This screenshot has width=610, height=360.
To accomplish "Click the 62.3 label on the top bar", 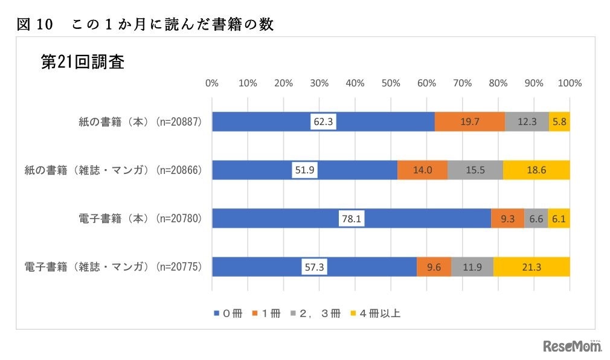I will click(x=323, y=121).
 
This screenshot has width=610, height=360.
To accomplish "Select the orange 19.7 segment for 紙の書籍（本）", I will click(x=469, y=121).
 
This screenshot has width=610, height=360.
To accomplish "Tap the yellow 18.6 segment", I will click(x=536, y=170).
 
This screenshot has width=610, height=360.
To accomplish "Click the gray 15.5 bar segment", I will click(x=475, y=170).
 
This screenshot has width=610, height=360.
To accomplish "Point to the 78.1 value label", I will click(x=352, y=218).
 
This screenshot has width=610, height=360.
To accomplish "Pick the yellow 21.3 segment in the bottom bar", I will click(x=531, y=266).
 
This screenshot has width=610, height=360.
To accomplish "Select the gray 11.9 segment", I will click(x=472, y=266).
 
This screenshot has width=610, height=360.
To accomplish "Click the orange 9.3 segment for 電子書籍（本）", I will click(x=507, y=218).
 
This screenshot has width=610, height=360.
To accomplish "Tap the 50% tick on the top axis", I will click(x=391, y=83).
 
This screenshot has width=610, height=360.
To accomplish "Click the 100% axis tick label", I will click(x=570, y=83).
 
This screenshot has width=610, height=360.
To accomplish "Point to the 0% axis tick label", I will click(x=212, y=83).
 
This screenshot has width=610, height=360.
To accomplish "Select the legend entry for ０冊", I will click(x=228, y=313).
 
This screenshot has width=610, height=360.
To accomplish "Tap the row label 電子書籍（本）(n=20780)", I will click(x=142, y=218).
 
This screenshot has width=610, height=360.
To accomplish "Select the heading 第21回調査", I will click(x=82, y=62).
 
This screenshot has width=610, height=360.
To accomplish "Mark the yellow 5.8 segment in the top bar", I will click(x=559, y=121).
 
